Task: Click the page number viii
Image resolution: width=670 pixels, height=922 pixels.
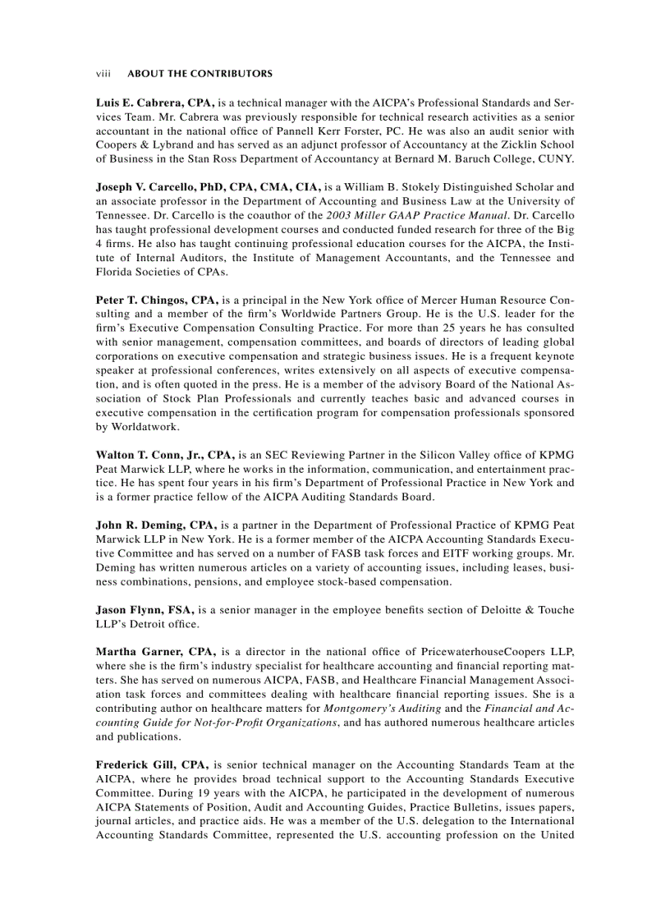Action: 103,74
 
